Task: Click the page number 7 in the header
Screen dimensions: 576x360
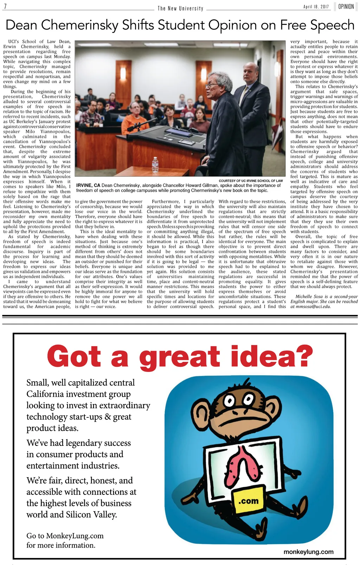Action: pos(6,7)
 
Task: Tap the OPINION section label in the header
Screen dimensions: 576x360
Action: pos(346,7)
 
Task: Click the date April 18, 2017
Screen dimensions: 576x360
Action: pos(316,7)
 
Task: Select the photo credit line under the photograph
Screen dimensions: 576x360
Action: pos(251,181)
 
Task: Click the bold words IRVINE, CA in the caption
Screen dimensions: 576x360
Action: pos(88,185)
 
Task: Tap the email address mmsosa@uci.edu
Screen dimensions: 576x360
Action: pos(310,307)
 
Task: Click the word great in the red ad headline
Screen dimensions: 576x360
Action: pos(179,357)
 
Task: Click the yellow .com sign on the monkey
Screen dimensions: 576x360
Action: pos(248,501)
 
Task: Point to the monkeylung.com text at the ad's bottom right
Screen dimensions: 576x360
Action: pos(308,552)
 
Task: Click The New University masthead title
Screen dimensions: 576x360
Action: pos(180,8)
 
